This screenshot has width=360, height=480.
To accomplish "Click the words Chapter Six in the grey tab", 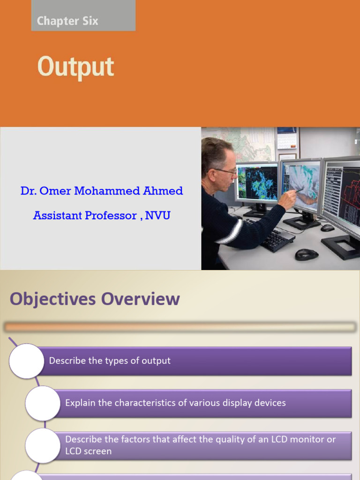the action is [x=67, y=21].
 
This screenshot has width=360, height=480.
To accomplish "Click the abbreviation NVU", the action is [x=157, y=216].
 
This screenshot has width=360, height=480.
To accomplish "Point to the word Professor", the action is [x=111, y=216].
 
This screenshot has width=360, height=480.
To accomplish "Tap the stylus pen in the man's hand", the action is [x=299, y=191].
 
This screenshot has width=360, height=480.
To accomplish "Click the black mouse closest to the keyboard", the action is [x=307, y=255].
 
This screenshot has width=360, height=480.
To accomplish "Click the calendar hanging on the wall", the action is [x=287, y=138].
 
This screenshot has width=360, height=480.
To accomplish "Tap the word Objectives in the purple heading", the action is [x=52, y=299].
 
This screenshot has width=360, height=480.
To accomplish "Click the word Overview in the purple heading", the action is [x=141, y=299].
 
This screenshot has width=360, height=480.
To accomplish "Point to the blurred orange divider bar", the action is [x=180, y=327].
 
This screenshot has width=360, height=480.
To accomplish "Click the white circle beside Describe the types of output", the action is [x=27, y=361].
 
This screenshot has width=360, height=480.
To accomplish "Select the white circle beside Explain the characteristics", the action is [x=43, y=403].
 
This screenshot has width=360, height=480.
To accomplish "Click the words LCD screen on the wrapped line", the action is [x=88, y=451].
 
